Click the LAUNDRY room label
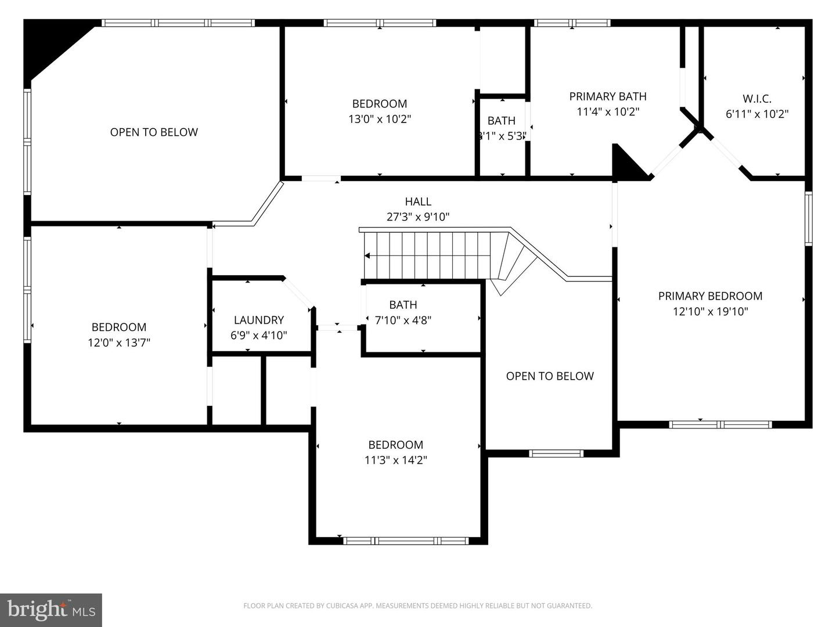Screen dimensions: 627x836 click(x=258, y=320)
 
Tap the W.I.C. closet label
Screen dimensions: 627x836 click(x=756, y=99)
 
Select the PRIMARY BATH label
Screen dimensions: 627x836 click(x=607, y=96)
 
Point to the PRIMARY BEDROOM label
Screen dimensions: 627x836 click(x=710, y=296)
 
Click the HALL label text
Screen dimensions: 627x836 click(x=417, y=201)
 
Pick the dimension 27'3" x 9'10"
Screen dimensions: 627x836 click(x=417, y=217)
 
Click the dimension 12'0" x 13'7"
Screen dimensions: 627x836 click(x=119, y=343)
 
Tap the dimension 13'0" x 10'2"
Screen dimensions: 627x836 click(x=379, y=119)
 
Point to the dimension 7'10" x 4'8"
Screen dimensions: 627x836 click(x=403, y=320)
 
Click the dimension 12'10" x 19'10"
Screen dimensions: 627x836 click(x=710, y=312)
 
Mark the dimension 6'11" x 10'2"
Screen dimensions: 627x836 click(x=756, y=114)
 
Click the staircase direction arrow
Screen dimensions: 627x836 click(x=368, y=255)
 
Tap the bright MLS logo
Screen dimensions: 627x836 click(x=51, y=610)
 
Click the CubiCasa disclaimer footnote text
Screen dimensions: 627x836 click(x=417, y=606)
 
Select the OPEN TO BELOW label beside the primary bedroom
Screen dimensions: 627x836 click(x=550, y=376)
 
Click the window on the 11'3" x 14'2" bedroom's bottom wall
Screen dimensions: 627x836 click(x=405, y=540)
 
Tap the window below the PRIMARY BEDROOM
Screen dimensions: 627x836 click(x=720, y=424)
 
